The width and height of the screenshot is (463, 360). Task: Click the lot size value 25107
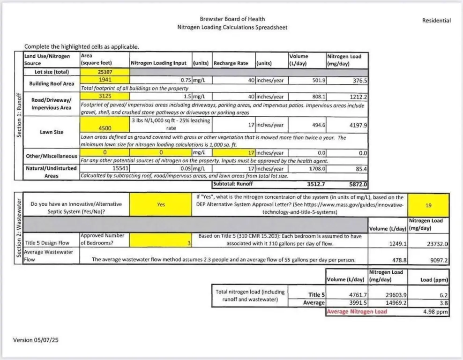(105, 72)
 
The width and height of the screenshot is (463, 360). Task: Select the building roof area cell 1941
(105, 80)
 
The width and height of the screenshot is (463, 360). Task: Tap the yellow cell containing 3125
(105, 96)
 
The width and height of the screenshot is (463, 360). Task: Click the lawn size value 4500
(105, 125)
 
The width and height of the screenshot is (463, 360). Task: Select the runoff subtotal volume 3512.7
(316, 184)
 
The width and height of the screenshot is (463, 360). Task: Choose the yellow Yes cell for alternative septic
(160, 204)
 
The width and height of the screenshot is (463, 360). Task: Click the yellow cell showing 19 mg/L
(428, 205)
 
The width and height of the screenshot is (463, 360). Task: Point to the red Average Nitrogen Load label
(357, 311)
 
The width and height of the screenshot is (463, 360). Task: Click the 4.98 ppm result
(435, 311)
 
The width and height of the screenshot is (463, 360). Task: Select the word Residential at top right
(436, 21)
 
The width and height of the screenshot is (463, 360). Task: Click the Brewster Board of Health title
(232, 19)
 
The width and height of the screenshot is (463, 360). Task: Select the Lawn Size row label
(52, 132)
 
